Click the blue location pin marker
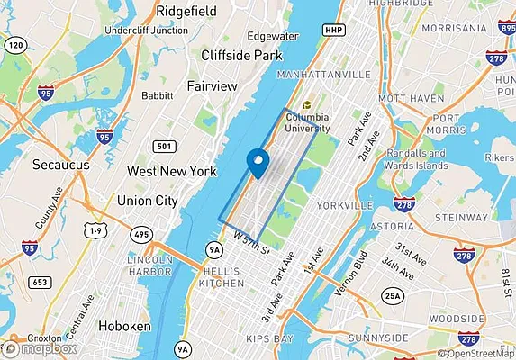tap(258, 163)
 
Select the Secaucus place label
tap(58, 166)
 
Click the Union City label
tap(148, 201)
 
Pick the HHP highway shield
tap(333, 30)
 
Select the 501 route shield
tap(163, 146)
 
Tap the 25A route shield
tap(393, 295)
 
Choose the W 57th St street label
tap(250, 243)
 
